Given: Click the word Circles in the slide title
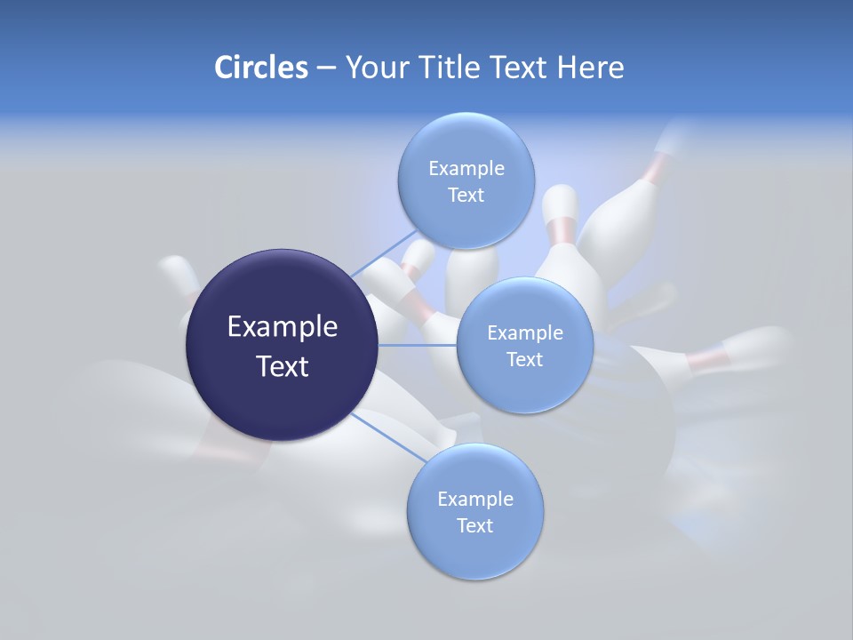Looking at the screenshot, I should pyautogui.click(x=260, y=68).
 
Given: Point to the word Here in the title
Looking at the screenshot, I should pyautogui.click(x=590, y=68).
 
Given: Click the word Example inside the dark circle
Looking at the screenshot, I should pyautogui.click(x=283, y=327).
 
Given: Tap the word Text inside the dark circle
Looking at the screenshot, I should pyautogui.click(x=283, y=366).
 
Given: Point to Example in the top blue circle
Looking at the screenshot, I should pyautogui.click(x=466, y=168).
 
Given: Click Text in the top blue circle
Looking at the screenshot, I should pyautogui.click(x=466, y=195).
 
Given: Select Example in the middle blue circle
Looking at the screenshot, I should pyautogui.click(x=525, y=332).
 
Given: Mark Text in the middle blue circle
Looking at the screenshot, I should pyautogui.click(x=524, y=359).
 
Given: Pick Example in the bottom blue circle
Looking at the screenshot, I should pyautogui.click(x=475, y=499).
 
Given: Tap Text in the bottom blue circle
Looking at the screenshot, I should pyautogui.click(x=474, y=525).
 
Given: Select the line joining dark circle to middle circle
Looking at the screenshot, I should pyautogui.click(x=417, y=345).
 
